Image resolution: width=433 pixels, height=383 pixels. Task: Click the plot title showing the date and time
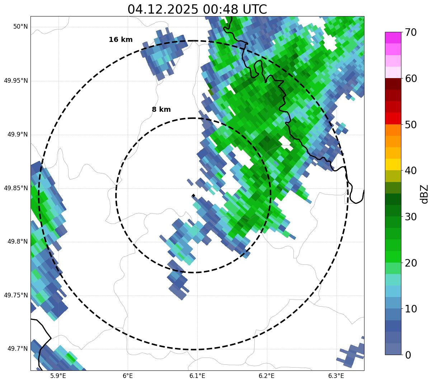197,9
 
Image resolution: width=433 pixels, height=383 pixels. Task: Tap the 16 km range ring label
121,40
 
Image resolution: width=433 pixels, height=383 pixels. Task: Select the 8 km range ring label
161,110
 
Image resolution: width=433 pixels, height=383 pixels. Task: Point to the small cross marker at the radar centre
193,196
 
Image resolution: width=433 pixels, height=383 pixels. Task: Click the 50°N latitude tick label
20,27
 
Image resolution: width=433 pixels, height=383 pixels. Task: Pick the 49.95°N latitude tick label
16,81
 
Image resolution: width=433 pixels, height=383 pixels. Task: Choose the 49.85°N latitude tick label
16,188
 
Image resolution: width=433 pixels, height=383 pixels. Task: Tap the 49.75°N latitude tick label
16,295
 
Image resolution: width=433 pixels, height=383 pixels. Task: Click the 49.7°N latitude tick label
18,349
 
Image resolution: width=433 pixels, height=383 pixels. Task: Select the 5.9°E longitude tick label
58,376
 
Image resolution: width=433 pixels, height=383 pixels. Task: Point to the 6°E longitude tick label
128,376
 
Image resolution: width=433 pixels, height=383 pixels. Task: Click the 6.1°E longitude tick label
197,376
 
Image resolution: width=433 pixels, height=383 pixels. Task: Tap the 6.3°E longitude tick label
336,376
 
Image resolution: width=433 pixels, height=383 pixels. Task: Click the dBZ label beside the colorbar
425,193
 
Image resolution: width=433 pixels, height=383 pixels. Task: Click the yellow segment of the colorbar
393,164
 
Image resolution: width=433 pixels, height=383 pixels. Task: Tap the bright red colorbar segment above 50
393,118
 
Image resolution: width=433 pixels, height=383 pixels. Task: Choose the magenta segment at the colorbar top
393,38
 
